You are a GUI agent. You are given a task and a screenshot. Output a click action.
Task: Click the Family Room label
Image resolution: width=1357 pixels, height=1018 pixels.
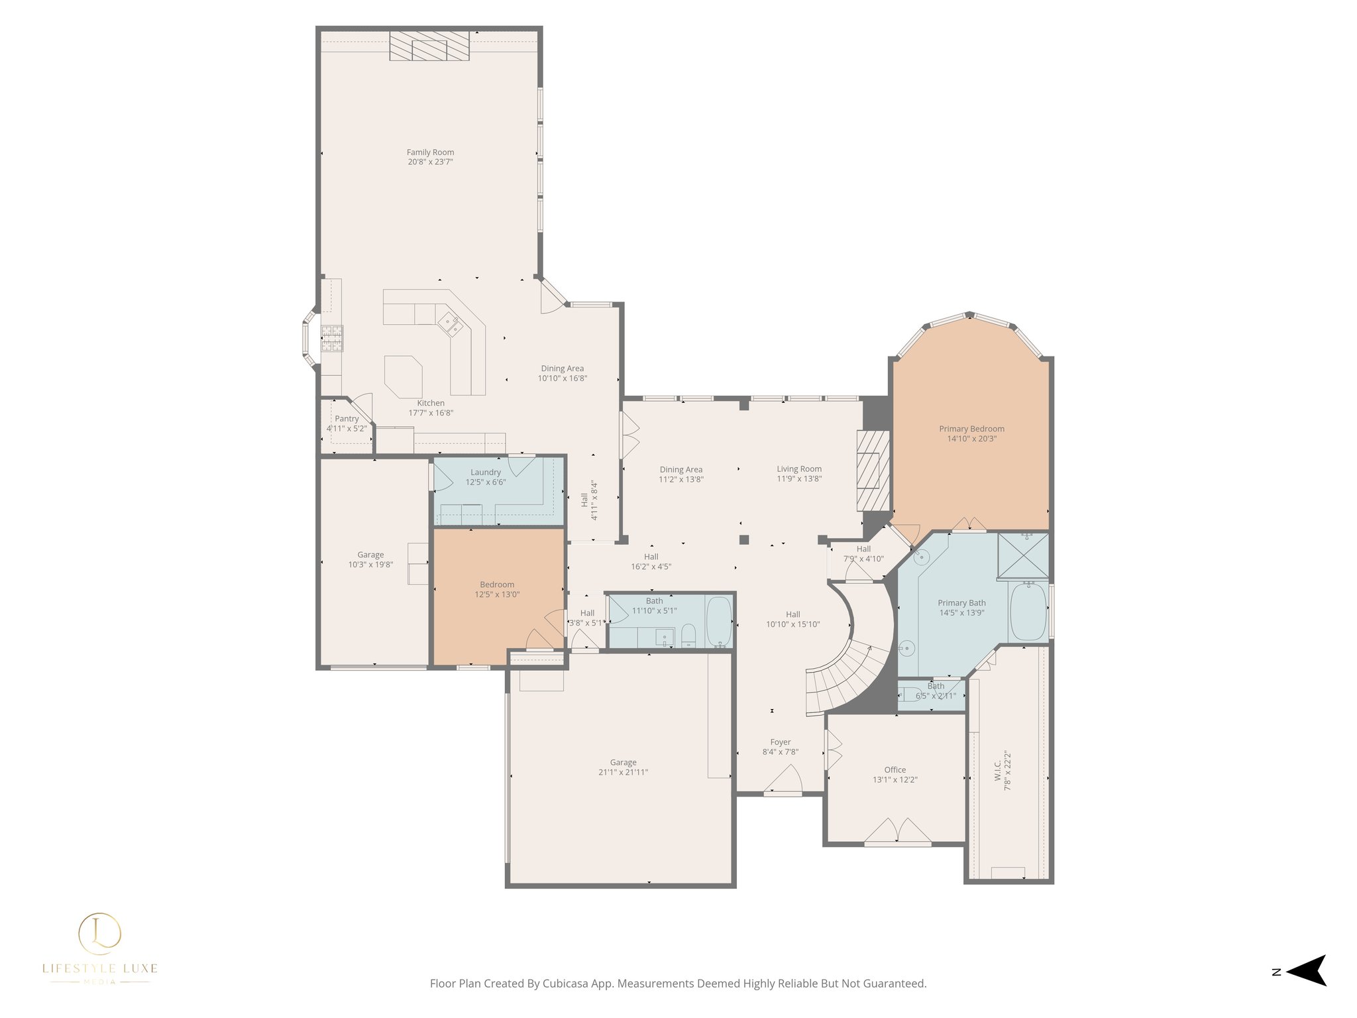(430, 152)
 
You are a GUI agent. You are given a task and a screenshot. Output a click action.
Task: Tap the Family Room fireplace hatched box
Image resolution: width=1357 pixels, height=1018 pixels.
(429, 46)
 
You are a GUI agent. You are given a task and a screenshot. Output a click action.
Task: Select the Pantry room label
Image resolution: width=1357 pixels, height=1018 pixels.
(347, 419)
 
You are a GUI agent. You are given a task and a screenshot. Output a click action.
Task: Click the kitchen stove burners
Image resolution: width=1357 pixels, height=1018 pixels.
(332, 338)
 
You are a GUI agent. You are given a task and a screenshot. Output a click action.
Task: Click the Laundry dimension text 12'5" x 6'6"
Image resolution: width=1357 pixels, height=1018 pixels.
(485, 482)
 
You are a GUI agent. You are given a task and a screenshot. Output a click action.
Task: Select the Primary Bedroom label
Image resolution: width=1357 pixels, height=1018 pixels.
(971, 429)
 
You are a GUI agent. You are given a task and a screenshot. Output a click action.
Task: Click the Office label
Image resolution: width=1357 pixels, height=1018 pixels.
(895, 769)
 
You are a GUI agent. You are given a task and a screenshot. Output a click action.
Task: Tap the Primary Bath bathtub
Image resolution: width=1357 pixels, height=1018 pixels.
(1028, 611)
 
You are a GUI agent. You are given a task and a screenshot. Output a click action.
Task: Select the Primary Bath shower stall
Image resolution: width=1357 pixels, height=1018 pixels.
(1023, 555)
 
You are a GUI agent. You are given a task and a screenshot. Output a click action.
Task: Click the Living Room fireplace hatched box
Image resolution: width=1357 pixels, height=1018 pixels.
(873, 471)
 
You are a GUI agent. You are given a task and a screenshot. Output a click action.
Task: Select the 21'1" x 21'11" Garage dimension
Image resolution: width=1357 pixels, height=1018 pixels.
(623, 772)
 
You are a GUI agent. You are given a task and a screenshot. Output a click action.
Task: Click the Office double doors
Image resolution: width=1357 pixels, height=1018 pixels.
(897, 832)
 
